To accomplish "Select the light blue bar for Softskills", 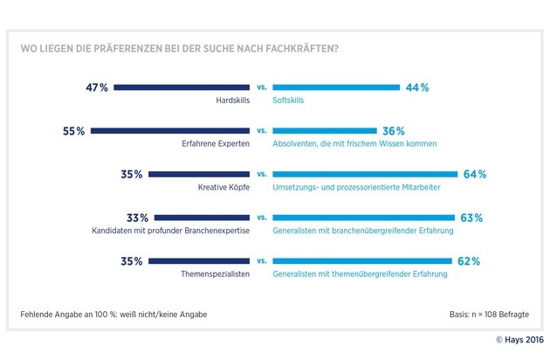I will [335, 87].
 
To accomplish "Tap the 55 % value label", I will [74, 131].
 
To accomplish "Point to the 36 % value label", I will [394, 131].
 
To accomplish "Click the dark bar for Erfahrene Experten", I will [170, 131].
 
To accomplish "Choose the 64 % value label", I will [475, 174].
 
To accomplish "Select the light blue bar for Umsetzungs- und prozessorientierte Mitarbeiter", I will [365, 174].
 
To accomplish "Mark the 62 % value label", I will [470, 260].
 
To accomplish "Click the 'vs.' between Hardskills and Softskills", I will [261, 87].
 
